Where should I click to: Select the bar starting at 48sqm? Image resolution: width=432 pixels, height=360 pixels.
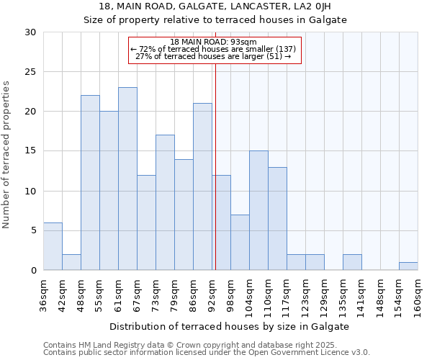tap(90, 183)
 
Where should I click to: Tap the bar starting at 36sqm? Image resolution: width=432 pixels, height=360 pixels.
tap(53, 246)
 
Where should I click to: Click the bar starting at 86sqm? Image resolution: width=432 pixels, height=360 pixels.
tap(202, 186)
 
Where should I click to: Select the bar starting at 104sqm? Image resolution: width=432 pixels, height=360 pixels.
tap(258, 210)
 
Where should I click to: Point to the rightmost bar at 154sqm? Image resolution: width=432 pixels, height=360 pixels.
tap(408, 266)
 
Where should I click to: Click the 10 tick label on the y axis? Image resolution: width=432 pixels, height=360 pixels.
tap(31, 191)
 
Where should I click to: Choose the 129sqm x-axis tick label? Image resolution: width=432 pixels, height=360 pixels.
tap(324, 295)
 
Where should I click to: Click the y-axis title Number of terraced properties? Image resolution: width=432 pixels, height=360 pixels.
tap(7, 155)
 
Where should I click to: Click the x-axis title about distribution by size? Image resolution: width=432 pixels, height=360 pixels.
tap(230, 326)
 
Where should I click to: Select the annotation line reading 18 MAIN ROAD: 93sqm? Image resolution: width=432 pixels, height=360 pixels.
tap(214, 42)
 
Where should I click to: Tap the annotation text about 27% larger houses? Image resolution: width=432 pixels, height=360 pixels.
tap(214, 56)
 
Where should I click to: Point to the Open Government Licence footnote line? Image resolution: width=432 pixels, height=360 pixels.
tap(207, 352)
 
